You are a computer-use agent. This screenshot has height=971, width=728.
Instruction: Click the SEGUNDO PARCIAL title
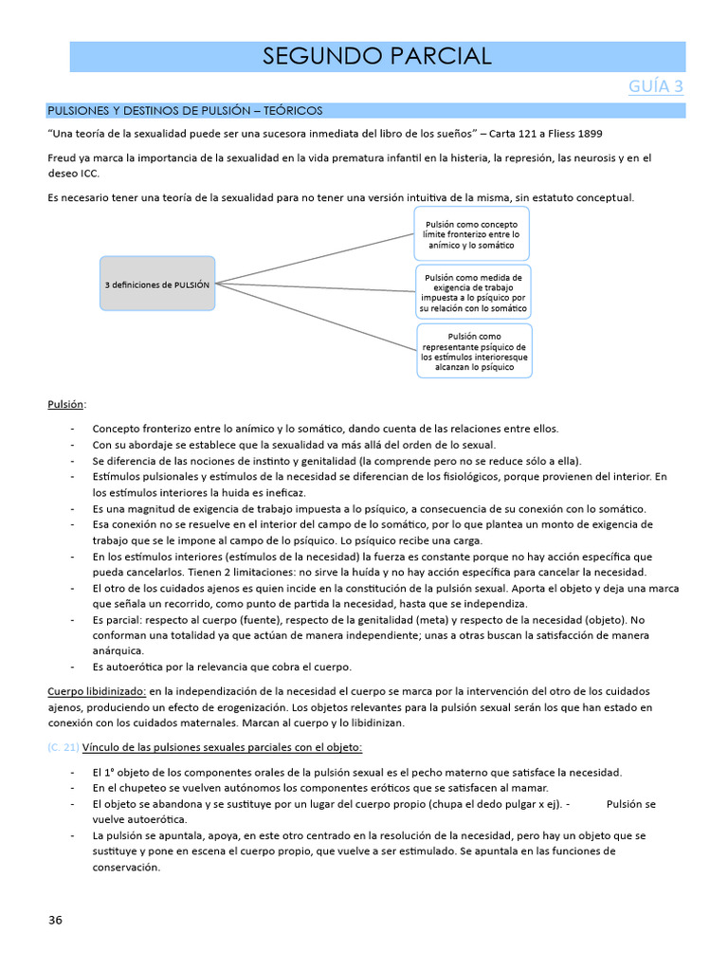tap(376, 56)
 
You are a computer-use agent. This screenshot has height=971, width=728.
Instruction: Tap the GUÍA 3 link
tap(656, 86)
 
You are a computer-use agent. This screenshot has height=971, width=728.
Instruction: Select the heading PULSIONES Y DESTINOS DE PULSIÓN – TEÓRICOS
tap(185, 111)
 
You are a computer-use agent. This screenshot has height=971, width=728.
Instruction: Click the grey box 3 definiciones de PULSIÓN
tap(157, 284)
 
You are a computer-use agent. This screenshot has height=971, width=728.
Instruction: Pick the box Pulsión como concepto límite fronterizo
tap(470, 233)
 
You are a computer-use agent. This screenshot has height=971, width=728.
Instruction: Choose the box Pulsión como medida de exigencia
tap(473, 292)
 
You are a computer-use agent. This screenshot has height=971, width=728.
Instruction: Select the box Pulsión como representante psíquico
tap(475, 350)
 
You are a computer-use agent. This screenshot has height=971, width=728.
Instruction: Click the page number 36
tap(55, 919)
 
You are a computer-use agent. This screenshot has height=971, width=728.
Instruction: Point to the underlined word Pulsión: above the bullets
tap(66, 404)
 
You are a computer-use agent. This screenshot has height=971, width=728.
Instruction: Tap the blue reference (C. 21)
tap(63, 747)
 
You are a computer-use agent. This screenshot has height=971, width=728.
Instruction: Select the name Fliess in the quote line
tap(552, 134)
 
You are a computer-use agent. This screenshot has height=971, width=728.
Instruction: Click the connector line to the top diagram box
tap(313, 258)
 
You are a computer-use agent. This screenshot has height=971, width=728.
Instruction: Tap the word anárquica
tap(118, 650)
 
